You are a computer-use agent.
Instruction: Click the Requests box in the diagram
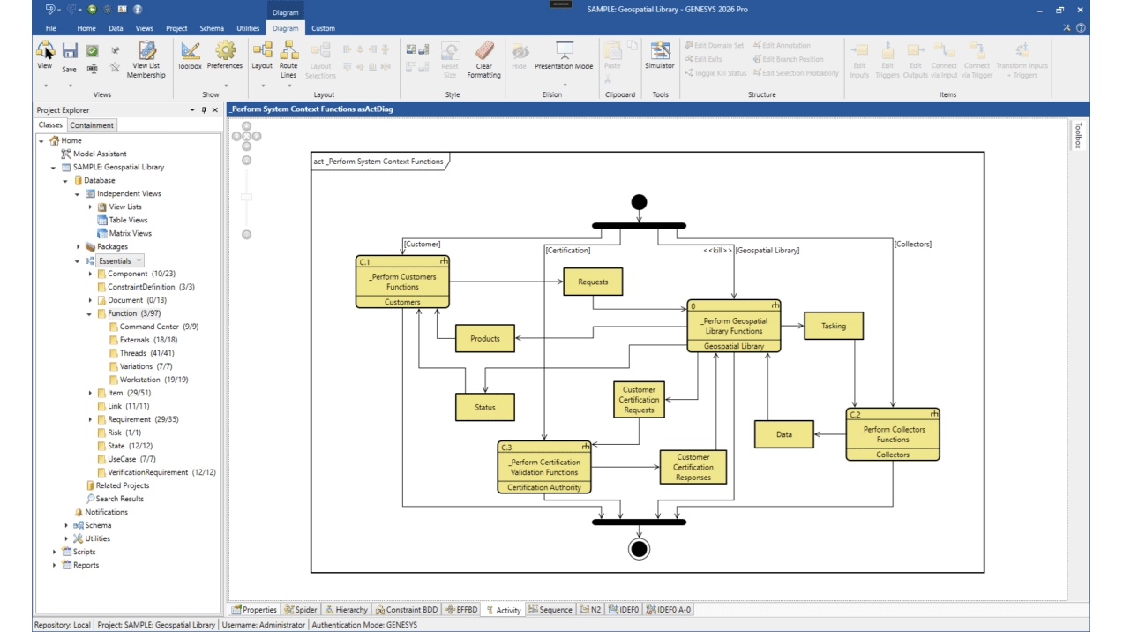point(593,282)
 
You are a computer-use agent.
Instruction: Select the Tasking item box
point(834,326)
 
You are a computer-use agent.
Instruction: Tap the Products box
point(485,338)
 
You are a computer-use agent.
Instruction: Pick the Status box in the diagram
point(485,407)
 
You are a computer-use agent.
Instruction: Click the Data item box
point(783,434)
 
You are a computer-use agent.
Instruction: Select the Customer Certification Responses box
point(693,467)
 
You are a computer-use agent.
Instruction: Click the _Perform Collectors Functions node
point(893,434)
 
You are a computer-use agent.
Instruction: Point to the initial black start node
point(639,202)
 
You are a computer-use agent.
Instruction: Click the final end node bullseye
point(639,549)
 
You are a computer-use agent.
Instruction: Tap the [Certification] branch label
point(568,250)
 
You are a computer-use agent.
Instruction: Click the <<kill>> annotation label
point(717,250)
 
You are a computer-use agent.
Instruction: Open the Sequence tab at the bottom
point(550,609)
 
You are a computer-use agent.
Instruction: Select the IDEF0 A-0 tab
point(669,609)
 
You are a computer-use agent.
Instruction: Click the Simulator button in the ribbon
point(659,56)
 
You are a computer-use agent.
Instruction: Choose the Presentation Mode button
point(564,56)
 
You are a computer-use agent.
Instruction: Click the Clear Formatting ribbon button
point(483,60)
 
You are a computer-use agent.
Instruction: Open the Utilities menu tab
point(248,28)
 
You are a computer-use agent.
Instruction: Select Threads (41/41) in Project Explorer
point(147,352)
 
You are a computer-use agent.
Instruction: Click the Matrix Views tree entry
point(131,233)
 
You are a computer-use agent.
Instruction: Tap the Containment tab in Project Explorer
point(91,124)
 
